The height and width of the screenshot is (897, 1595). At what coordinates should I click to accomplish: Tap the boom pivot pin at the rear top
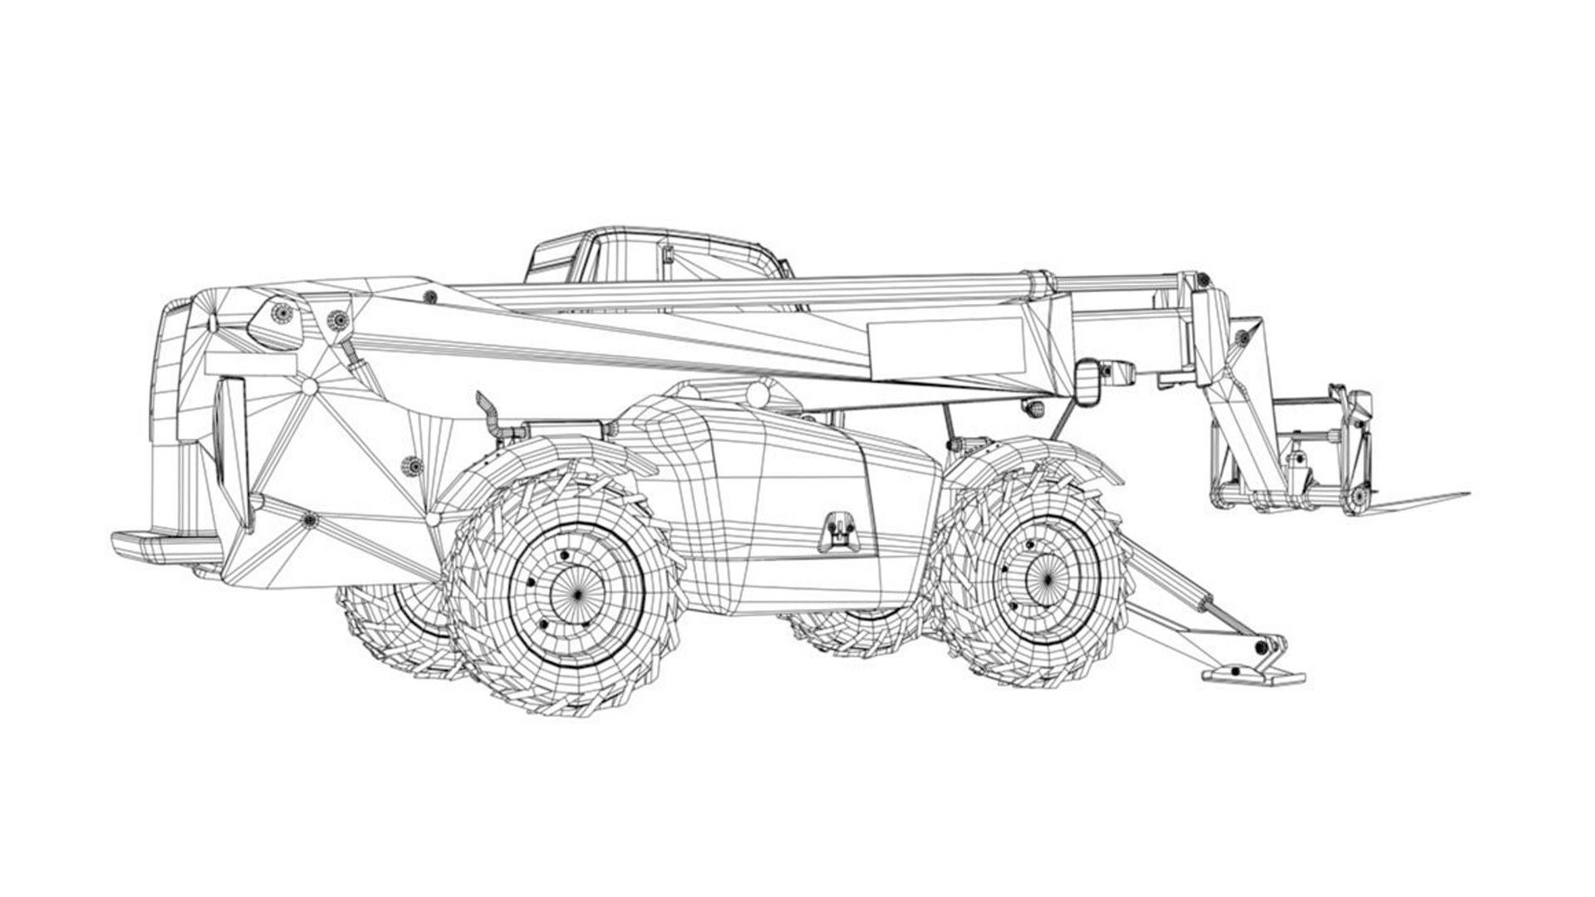(x=283, y=312)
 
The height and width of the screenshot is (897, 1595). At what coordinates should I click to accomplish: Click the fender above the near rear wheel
(x=540, y=465)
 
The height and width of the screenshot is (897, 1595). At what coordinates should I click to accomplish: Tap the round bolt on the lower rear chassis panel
(x=311, y=521)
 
